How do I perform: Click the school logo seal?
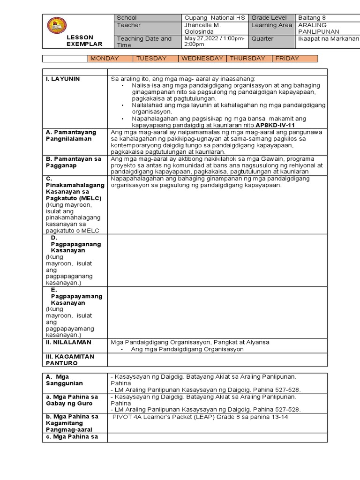click(x=57, y=25)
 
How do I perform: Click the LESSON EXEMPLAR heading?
click(x=84, y=40)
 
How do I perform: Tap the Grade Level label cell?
click(x=269, y=18)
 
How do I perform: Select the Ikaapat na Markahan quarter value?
click(x=328, y=38)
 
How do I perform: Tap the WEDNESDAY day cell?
click(x=202, y=59)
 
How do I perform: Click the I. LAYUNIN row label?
click(x=63, y=79)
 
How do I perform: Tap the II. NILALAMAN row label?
click(x=68, y=342)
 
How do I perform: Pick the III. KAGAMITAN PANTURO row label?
click(x=70, y=360)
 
